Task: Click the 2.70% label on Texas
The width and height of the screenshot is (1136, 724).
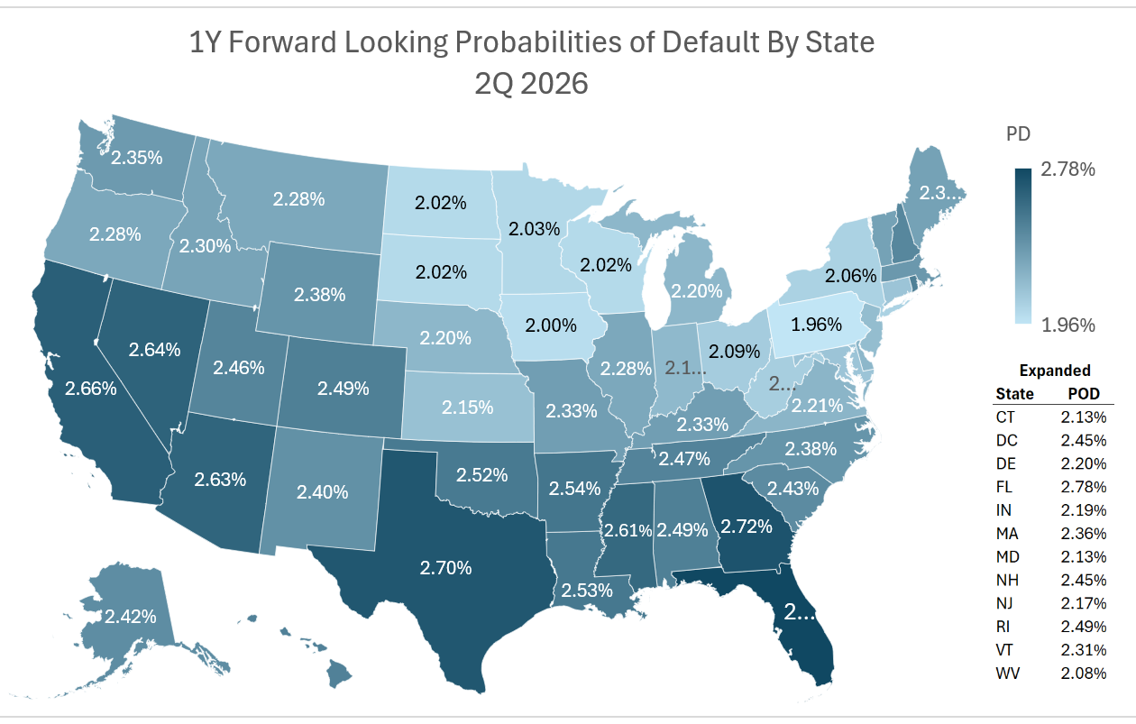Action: (445, 568)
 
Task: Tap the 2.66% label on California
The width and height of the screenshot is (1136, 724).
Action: (90, 389)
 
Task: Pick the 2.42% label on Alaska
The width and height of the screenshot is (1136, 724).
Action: (131, 617)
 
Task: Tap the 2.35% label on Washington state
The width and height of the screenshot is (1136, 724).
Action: (136, 158)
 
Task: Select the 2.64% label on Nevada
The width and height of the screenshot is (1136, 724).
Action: (155, 349)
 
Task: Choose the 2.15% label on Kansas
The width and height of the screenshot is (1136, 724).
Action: (467, 407)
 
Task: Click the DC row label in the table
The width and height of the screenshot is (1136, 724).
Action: (1006, 440)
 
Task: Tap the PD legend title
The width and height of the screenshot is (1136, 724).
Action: (1018, 134)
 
